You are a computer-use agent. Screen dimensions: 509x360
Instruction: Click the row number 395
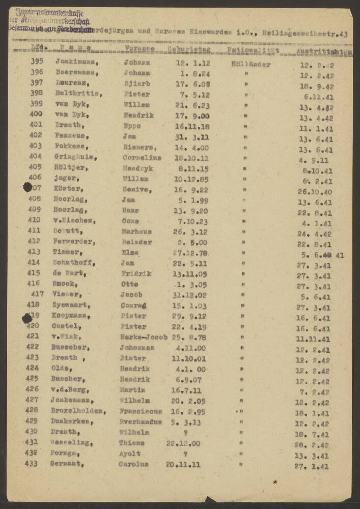(36, 62)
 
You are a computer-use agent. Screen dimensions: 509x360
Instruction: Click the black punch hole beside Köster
(27, 187)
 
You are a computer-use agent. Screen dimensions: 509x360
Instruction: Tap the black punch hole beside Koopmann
(26, 318)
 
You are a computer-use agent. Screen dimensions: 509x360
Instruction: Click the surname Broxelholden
(79, 410)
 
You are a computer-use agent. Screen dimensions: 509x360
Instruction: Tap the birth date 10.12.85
(184, 178)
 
